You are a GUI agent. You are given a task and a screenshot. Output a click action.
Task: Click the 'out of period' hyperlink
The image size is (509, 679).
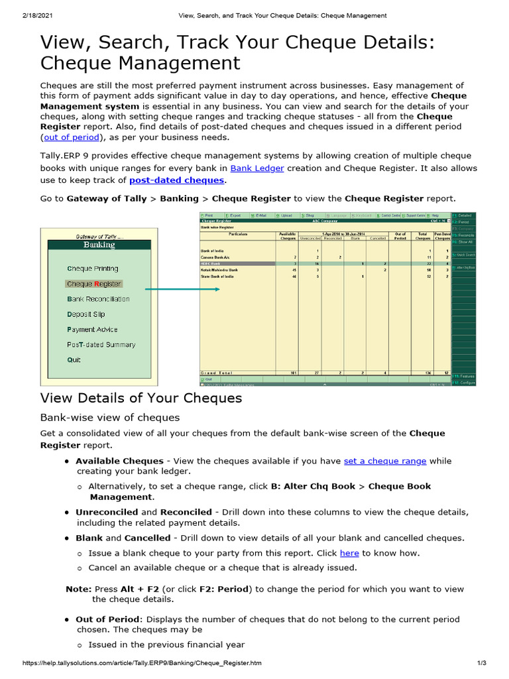[x=71, y=137]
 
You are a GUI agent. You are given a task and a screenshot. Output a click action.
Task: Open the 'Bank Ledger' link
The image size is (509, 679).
[x=256, y=168]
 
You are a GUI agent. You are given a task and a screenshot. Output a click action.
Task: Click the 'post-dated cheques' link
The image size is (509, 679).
[x=176, y=180]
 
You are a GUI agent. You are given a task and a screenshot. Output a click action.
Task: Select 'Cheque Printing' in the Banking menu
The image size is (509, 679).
[x=92, y=269]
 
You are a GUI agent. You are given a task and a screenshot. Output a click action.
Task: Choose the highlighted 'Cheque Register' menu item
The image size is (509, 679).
[x=93, y=284]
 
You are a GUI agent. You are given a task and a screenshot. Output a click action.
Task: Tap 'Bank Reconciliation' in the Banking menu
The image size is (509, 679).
[x=98, y=299]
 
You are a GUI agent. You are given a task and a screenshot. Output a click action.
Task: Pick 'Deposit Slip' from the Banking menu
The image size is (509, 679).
[x=85, y=314]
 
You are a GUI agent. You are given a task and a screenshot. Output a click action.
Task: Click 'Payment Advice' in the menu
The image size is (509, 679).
[x=92, y=330]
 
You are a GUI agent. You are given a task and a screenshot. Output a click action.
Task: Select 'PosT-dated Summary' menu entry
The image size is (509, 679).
[x=101, y=345]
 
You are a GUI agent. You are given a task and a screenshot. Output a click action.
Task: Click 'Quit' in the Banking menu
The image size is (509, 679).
[x=74, y=360]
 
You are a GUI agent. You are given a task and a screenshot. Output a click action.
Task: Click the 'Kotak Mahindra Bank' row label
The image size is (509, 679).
[x=219, y=270]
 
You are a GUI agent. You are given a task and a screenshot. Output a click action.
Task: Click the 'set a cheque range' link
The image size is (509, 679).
[x=385, y=461]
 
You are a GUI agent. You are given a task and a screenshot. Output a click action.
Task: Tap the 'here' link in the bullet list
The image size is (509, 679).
[x=349, y=553]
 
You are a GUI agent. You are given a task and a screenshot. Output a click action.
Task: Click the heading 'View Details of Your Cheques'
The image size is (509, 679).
[x=141, y=398]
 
